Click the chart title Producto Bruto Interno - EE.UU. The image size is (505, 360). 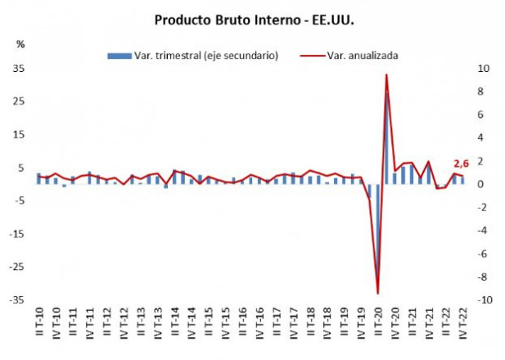(x=252, y=18)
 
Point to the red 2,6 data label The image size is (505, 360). (x=462, y=163)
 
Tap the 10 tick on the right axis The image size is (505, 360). (x=485, y=69)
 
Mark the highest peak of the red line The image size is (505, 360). (x=386, y=75)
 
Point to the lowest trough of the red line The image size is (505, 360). (x=378, y=293)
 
